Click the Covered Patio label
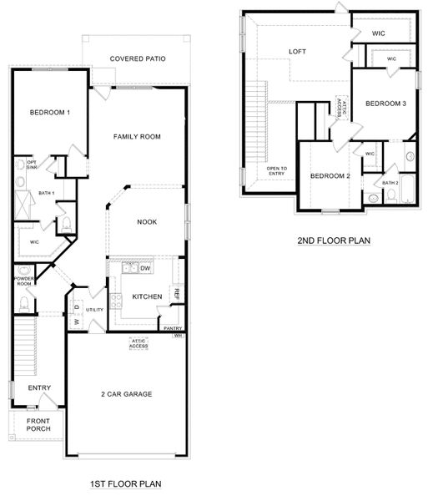(138, 58)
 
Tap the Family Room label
(138, 136)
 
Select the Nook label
(147, 221)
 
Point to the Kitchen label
(147, 296)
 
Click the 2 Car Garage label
(127, 394)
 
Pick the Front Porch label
(38, 424)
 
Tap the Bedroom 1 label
(50, 113)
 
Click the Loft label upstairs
(298, 52)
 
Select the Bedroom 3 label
(385, 104)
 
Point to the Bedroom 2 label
(330, 175)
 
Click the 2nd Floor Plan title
(334, 241)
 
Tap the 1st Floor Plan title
(125, 483)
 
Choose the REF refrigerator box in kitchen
(176, 293)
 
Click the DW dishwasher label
(145, 268)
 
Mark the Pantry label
(173, 328)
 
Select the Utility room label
(94, 310)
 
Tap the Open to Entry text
(277, 170)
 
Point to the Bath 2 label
(390, 182)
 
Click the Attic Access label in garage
(138, 343)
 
